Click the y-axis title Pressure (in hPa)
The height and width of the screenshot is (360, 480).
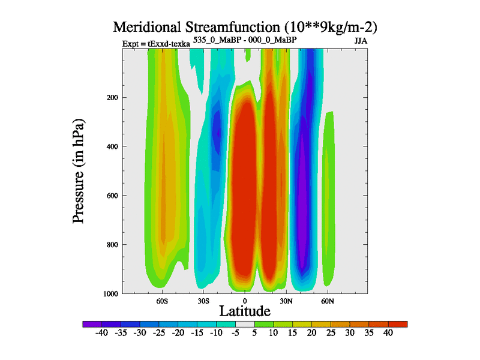[79, 172]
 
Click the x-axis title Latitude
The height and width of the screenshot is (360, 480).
[244, 311]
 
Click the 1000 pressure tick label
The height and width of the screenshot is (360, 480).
[109, 293]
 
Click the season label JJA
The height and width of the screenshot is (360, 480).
[361, 42]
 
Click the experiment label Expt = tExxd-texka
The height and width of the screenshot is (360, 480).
[156, 44]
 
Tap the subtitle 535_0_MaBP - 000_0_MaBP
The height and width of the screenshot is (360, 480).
[245, 40]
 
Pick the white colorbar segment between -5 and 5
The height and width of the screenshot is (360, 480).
[245, 324]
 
